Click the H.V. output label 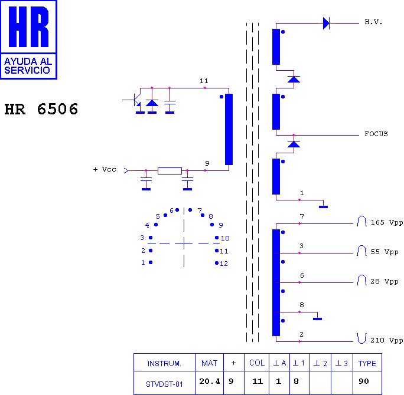pos(373,22)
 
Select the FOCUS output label pos(376,134)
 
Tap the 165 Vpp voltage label pos(387,222)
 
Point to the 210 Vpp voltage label pos(387,340)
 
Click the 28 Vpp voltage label pos(385,281)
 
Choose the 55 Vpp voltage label pos(385,252)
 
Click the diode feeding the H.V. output pos(326,23)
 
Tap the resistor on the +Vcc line pos(170,171)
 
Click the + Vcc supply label pos(105,169)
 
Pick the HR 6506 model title pos(41,109)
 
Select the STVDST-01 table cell pos(164,384)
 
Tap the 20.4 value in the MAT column pos(210,381)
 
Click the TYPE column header pos(367,363)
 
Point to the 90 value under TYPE pos(364,381)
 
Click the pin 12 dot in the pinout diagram pos(217,263)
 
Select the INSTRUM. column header pos(164,364)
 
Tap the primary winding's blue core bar pos(229,129)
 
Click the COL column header pos(257,363)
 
